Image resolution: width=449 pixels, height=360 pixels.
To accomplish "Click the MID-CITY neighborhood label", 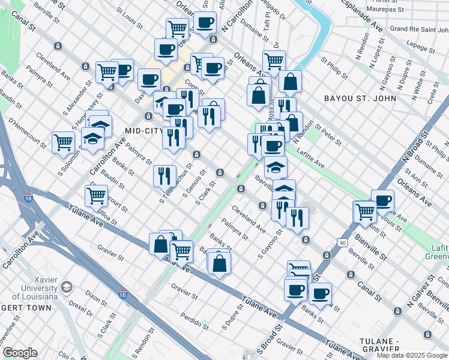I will [x=144, y=130].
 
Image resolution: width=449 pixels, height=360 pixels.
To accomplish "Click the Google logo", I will [x=19, y=353].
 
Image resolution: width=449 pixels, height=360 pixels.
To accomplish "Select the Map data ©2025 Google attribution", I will [x=412, y=355].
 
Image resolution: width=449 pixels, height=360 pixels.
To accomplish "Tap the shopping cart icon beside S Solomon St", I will [x=63, y=143].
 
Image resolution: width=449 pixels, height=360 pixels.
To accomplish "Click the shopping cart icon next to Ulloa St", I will [x=96, y=195].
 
